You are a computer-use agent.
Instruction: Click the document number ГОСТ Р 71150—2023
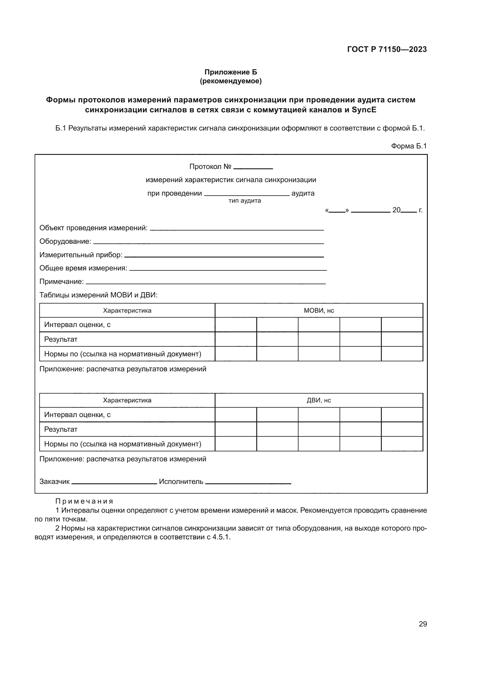tap(387, 49)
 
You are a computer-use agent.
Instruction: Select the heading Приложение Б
tap(230, 72)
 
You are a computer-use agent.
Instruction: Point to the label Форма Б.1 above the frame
tap(409, 146)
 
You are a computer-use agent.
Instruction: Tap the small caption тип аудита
tap(245, 201)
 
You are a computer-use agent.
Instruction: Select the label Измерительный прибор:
tap(81, 255)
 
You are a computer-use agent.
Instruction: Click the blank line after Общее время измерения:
tap(228, 270)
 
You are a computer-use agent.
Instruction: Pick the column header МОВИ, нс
tap(319, 310)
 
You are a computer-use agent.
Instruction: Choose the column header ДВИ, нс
tap(319, 400)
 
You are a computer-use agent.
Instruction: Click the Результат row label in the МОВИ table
tap(61, 339)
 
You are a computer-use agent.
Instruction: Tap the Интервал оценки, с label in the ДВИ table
tap(77, 415)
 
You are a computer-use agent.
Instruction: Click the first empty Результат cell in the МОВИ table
tap(236, 339)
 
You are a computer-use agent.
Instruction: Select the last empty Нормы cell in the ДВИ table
tap(402, 444)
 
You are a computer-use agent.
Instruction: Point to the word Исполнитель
tap(181, 482)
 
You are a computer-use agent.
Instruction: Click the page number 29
tap(423, 624)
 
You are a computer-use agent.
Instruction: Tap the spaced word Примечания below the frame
tap(84, 501)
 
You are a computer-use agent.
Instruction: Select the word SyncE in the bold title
tap(364, 110)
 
